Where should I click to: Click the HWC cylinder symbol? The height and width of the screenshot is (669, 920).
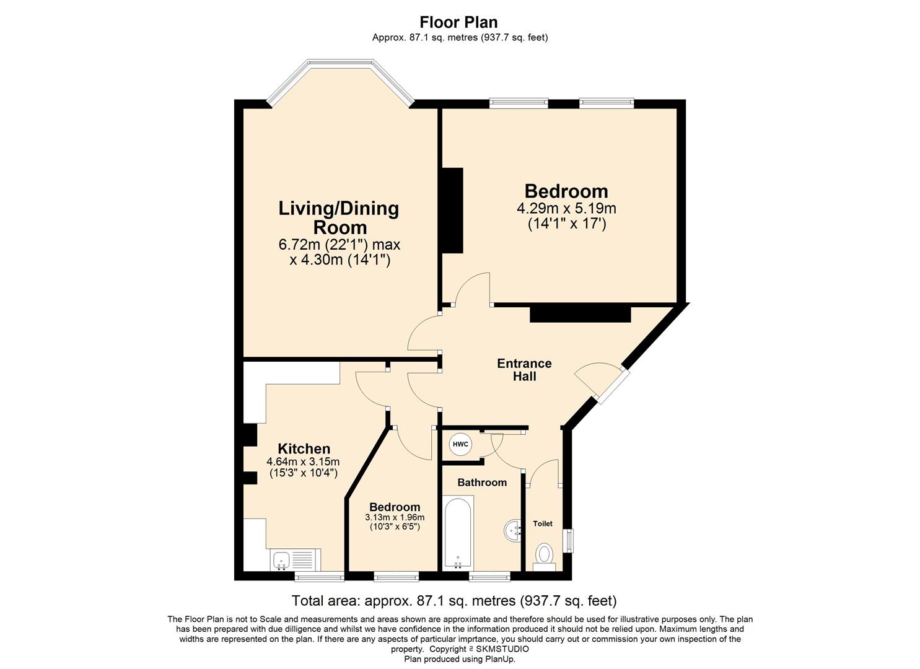pos(460,444)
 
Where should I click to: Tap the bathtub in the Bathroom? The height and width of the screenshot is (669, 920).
pos(458,533)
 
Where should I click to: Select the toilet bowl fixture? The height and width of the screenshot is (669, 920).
pos(545,557)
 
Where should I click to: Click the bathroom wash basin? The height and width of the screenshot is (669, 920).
pos(512,530)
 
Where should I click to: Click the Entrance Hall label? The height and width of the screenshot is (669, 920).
pos(524,370)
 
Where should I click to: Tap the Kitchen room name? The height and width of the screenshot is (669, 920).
pos(304,448)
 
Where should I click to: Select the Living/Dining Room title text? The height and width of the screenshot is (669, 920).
pos(339,217)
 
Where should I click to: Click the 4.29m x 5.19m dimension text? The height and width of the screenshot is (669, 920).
pos(566,209)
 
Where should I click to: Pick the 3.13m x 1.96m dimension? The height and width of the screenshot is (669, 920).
pos(395,517)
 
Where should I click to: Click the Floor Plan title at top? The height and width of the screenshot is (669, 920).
pos(459,22)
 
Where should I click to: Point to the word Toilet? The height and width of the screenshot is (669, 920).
pos(543,523)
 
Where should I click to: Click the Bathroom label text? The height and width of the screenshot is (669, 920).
pos(482,482)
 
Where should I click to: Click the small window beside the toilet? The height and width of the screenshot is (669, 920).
pos(570,541)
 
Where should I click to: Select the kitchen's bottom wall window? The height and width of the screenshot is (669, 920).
pos(319,577)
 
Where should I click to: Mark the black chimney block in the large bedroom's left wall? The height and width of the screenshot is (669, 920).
pos(453,210)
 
